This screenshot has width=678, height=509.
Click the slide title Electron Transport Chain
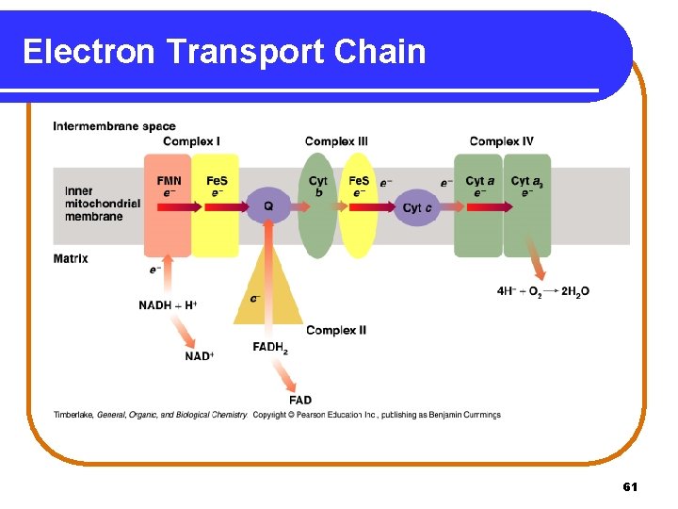[x=224, y=51]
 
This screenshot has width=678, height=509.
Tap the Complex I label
[x=191, y=141]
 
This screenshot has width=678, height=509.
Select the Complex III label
[x=336, y=141]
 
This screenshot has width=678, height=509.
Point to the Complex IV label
[x=501, y=141]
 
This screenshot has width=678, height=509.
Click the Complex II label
[x=336, y=330]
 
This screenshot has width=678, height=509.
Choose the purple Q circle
[x=268, y=205]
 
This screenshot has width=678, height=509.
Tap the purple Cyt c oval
[x=416, y=207]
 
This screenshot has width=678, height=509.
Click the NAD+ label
[x=199, y=356]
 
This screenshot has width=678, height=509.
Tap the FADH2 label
[x=270, y=347]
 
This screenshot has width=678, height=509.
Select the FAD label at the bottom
[x=300, y=401]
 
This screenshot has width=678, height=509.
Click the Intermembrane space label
[x=114, y=126]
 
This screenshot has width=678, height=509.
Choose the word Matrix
[x=71, y=258]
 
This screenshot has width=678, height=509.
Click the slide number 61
[x=630, y=486]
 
